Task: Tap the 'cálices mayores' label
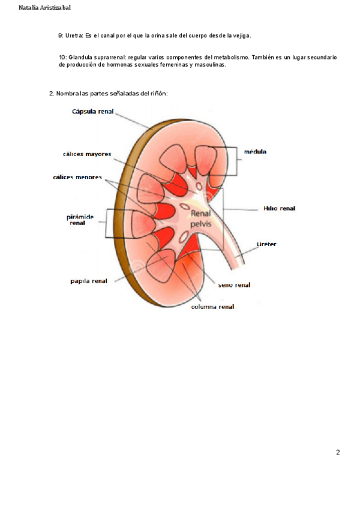pyautogui.click(x=86, y=154)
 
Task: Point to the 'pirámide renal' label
pyautogui.click(x=77, y=219)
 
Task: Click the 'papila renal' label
pyautogui.click(x=88, y=280)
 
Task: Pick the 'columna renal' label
pyautogui.click(x=212, y=307)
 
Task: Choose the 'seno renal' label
pyautogui.click(x=234, y=285)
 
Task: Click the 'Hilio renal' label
pyautogui.click(x=279, y=209)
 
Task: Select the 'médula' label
pyautogui.click(x=255, y=152)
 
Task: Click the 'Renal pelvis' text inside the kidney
pyautogui.click(x=201, y=217)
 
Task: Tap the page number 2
pyautogui.click(x=338, y=452)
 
